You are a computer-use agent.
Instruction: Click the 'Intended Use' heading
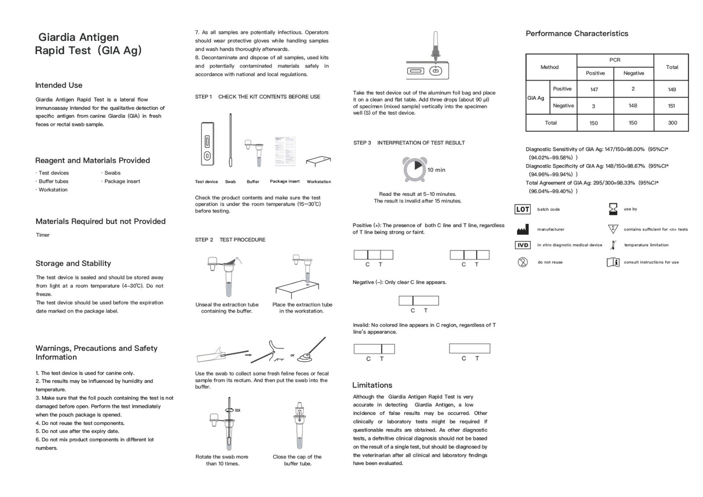(58, 85)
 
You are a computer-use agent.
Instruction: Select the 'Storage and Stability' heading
(73, 264)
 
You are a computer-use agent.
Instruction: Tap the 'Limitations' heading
(372, 385)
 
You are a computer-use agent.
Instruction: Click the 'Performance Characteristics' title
(577, 34)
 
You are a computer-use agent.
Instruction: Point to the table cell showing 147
(594, 89)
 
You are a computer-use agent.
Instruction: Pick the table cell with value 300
(672, 123)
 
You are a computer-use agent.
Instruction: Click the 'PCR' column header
(614, 60)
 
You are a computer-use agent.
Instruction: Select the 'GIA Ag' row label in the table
(536, 98)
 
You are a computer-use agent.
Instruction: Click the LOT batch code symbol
(523, 210)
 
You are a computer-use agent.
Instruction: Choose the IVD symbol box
(523, 245)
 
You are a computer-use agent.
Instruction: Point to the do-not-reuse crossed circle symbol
(523, 263)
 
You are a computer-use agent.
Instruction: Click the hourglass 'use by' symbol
(613, 209)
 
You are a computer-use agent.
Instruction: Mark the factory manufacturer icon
(523, 230)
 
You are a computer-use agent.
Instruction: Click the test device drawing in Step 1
(207, 144)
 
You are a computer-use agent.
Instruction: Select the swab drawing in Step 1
(231, 141)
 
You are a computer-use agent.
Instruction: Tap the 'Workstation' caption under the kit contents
(319, 182)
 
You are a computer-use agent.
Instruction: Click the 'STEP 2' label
(204, 240)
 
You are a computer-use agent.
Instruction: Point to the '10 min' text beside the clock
(436, 170)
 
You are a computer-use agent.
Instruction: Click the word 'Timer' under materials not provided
(43, 235)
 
